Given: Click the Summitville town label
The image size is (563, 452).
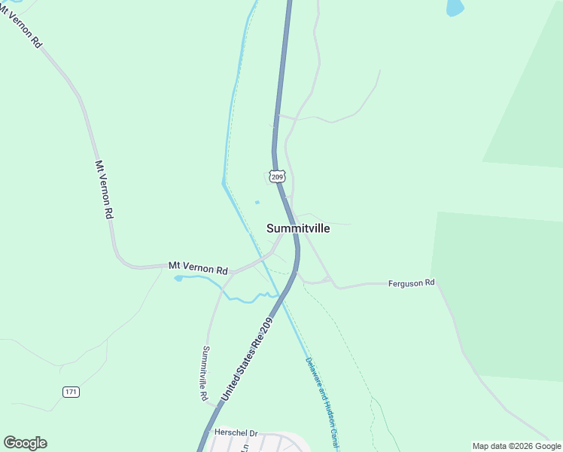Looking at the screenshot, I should [x=298, y=228].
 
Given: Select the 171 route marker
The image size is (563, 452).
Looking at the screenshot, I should [x=71, y=392].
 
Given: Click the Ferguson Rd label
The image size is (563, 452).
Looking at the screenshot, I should [x=412, y=283].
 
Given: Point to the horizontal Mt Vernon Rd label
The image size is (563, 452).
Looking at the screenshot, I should [x=198, y=267].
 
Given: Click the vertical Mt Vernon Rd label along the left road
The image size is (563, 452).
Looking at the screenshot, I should [x=105, y=189].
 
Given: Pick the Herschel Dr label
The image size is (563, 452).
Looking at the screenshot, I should [x=236, y=433].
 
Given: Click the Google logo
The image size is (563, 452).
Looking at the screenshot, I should [x=25, y=443].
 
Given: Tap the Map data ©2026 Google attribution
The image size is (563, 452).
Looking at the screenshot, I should [x=516, y=446].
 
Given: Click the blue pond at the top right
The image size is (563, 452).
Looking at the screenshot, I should [x=455, y=8].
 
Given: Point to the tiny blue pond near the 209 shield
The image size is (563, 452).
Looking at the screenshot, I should [x=257, y=202].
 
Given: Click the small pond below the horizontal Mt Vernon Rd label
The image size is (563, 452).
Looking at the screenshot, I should [x=178, y=278].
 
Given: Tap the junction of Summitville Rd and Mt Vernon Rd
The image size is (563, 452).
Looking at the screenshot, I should [x=232, y=273].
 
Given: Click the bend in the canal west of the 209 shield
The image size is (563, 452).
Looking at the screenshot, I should [x=224, y=182].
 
